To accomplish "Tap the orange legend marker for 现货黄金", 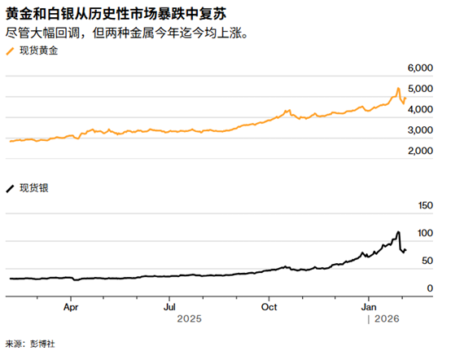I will click(11, 50).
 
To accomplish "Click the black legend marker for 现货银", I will click(11, 188).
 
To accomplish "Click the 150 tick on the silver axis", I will click(424, 207).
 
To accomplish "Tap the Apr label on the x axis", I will click(70, 308).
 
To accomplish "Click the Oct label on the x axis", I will click(269, 308).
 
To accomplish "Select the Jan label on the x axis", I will click(369, 308).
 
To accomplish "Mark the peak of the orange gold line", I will click(397, 88).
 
